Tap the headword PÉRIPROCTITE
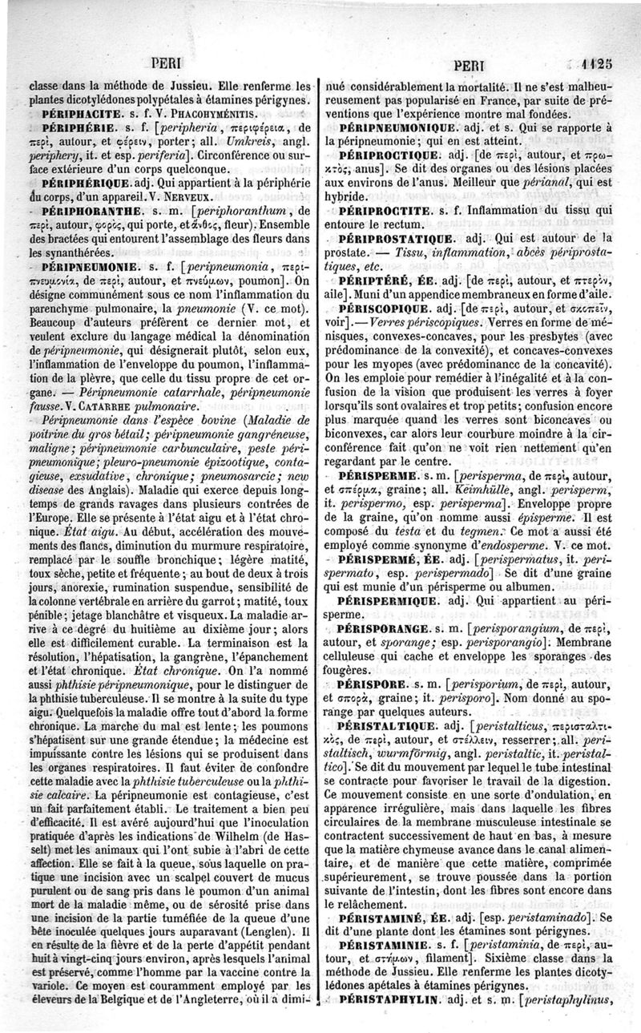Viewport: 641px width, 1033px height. [389, 210]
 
